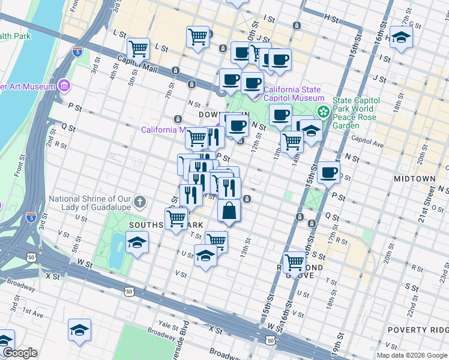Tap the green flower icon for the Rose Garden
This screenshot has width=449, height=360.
point(324,112)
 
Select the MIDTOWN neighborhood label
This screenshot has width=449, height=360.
point(414,179)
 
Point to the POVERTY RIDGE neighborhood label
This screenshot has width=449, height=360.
point(418,330)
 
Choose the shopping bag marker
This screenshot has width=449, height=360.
point(229,211)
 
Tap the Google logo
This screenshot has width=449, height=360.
point(19,353)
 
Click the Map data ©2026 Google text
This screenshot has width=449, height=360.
point(411,355)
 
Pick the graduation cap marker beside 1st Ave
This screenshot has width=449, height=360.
point(79,330)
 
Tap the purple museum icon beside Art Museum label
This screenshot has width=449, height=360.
point(65,86)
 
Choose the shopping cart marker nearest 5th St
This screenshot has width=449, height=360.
point(139,48)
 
